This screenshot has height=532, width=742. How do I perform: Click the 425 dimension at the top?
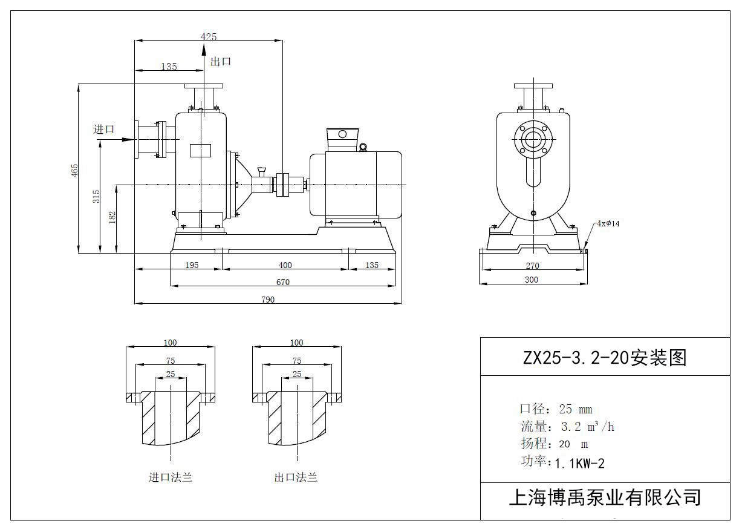[209, 37]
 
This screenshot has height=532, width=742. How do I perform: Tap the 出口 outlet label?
[221, 62]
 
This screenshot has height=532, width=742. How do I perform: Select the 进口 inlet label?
[104, 129]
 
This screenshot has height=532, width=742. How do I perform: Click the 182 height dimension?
[112, 217]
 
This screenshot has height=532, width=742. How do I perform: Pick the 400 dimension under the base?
[285, 265]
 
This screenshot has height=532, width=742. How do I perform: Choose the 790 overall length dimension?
[268, 300]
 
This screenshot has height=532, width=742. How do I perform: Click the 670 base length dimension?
[282, 282]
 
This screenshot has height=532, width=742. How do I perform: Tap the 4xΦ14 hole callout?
[608, 223]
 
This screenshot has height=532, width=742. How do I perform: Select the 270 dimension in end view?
[532, 266]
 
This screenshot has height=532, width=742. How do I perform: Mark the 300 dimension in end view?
[532, 280]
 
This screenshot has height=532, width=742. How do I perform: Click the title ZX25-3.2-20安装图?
[605, 358]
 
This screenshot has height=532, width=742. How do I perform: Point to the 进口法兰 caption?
[171, 478]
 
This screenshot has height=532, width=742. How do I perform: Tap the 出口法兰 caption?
[296, 478]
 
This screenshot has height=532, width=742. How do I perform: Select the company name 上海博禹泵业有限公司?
[605, 498]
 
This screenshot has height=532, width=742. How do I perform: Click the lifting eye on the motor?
[363, 146]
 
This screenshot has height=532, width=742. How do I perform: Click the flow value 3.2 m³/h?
[587, 427]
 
